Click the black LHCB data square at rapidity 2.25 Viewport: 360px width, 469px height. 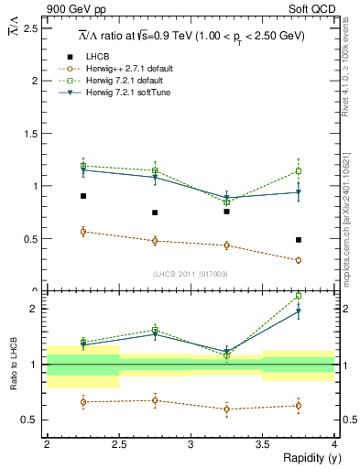click(x=83, y=196)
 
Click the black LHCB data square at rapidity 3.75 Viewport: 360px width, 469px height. click(x=299, y=240)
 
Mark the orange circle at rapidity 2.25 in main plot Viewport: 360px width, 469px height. click(x=83, y=232)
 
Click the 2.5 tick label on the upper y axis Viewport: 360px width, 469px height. click(x=30, y=28)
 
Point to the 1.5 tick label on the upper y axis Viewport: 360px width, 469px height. click(x=30, y=134)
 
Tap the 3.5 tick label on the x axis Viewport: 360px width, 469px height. click(x=262, y=443)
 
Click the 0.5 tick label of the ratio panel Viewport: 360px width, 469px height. click(x=30, y=420)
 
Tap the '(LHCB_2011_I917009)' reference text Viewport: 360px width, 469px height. click(x=191, y=273)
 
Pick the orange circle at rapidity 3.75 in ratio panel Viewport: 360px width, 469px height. click(x=299, y=406)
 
